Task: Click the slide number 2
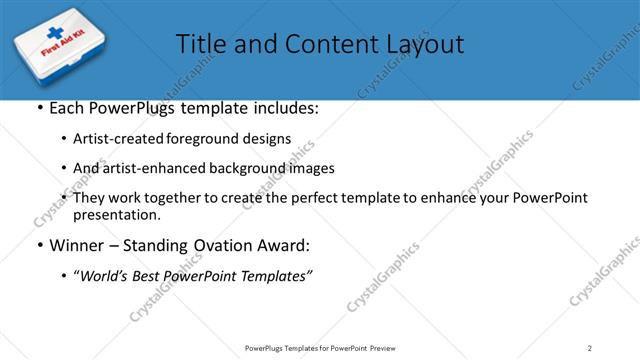tap(590, 348)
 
